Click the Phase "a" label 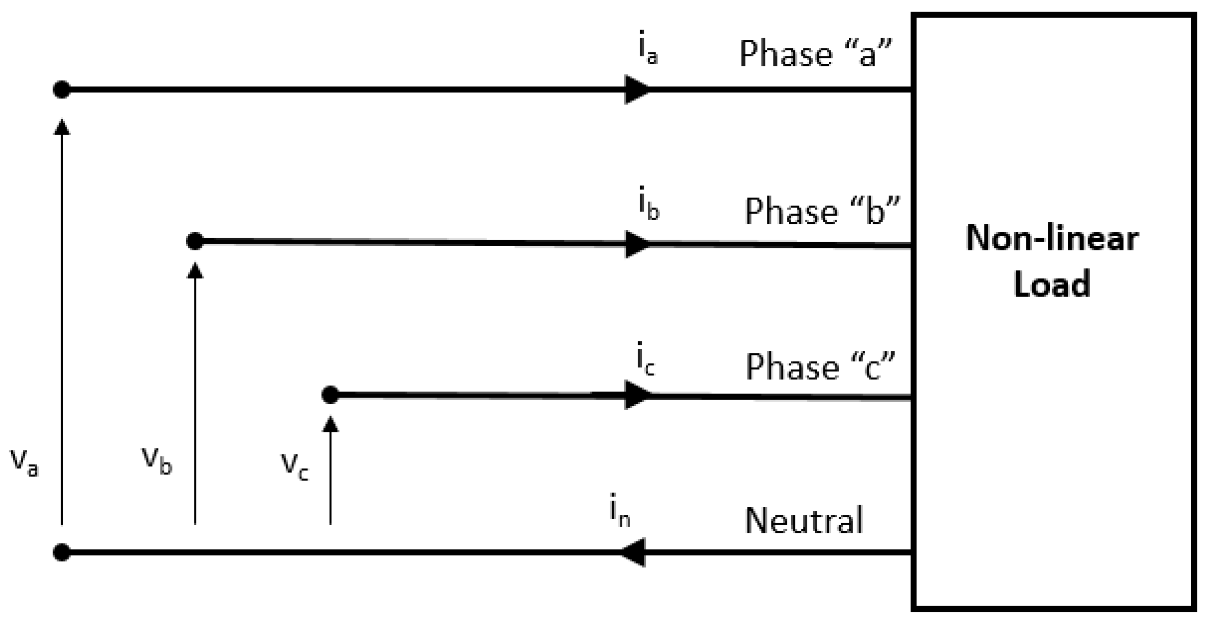pyautogui.click(x=815, y=54)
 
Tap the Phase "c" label pyautogui.click(x=820, y=366)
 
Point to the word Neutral pyautogui.click(x=804, y=521)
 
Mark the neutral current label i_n pyautogui.click(x=620, y=511)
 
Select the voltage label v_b pyautogui.click(x=157, y=459)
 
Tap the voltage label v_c pyautogui.click(x=295, y=464)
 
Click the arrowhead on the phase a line pyautogui.click(x=637, y=90)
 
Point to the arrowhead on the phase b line pyautogui.click(x=637, y=244)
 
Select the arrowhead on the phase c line pyautogui.click(x=637, y=395)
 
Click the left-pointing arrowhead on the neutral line pyautogui.click(x=634, y=553)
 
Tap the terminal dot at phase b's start pyautogui.click(x=195, y=241)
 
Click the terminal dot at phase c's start pyautogui.click(x=331, y=395)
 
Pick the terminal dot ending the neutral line pyautogui.click(x=62, y=553)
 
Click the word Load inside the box pyautogui.click(x=1051, y=283)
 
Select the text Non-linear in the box pyautogui.click(x=1052, y=239)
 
